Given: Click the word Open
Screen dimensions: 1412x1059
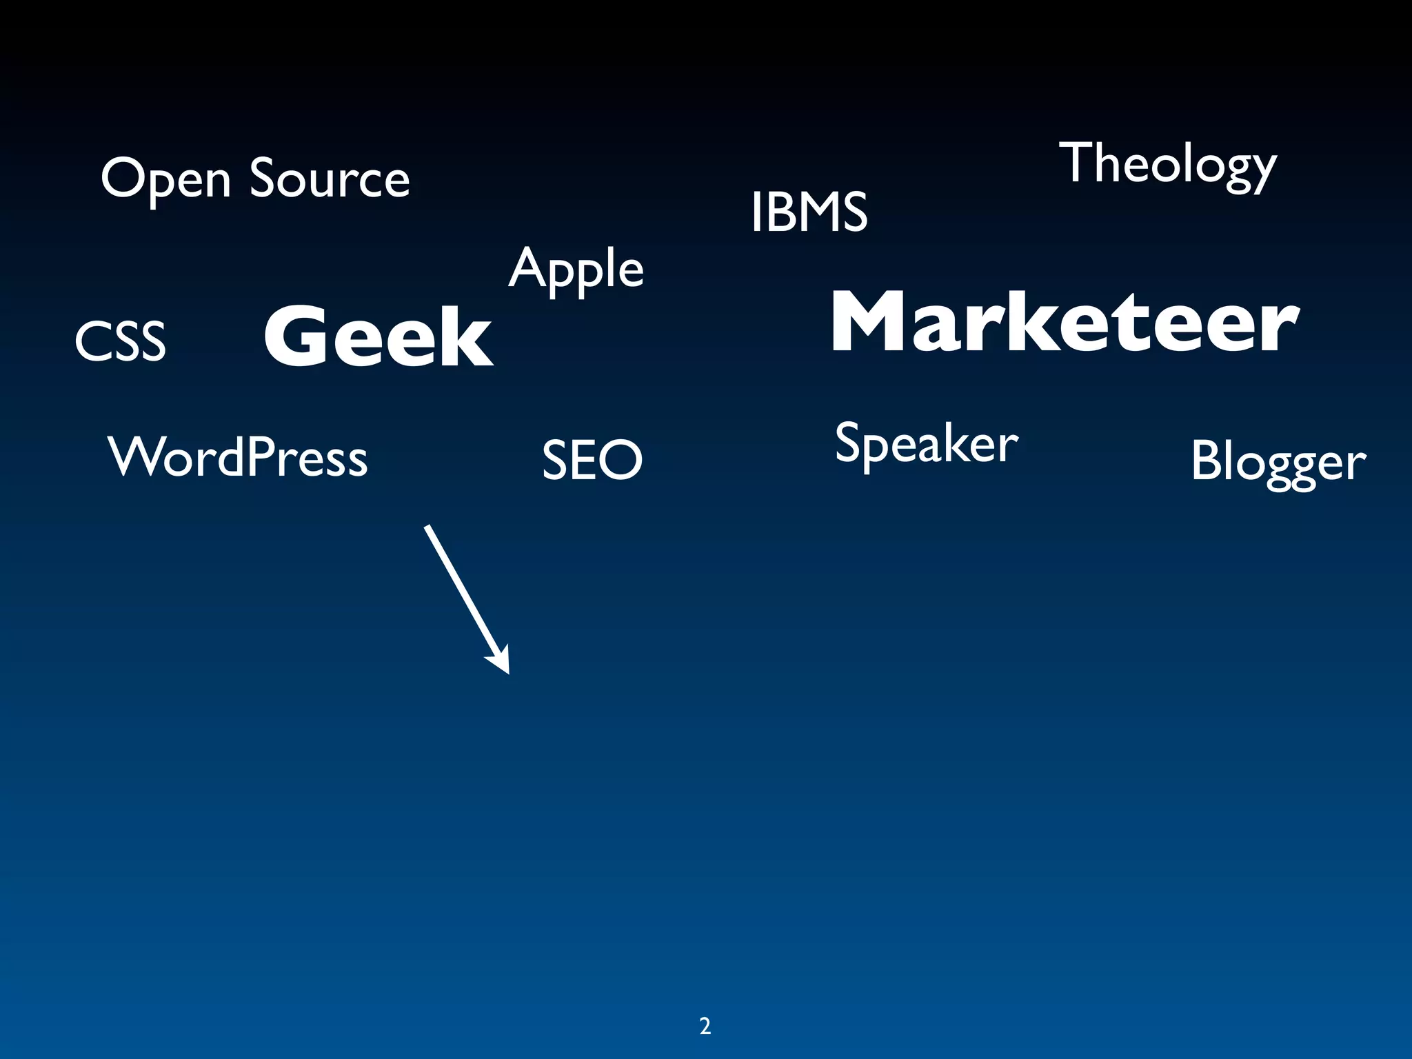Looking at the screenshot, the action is [165, 179].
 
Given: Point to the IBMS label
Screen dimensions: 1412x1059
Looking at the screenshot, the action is [809, 212].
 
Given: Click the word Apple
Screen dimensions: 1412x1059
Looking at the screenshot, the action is [576, 270].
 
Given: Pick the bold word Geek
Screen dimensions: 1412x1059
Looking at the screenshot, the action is [379, 336].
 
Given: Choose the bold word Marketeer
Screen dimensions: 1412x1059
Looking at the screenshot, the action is [1065, 322].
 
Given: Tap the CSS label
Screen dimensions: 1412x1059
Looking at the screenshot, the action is [121, 341].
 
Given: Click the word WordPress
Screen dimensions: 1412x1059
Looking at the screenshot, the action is [238, 457].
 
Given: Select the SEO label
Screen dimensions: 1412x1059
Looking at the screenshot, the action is [592, 460].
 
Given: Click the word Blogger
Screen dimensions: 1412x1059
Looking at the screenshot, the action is [1278, 462].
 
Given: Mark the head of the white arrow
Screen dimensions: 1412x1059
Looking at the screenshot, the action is [501, 661].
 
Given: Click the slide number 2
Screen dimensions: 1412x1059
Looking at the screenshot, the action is [705, 1027].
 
